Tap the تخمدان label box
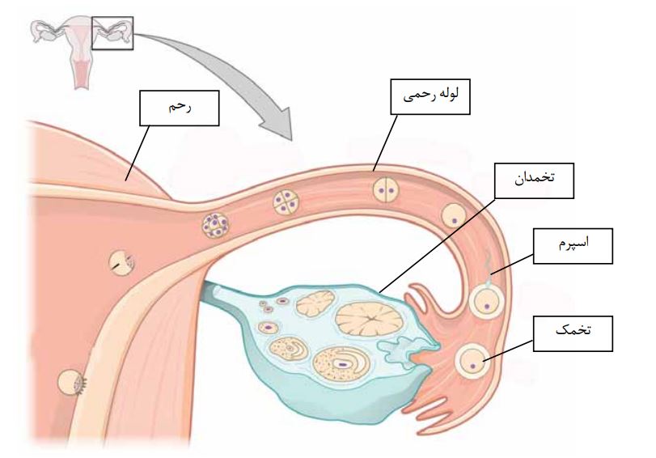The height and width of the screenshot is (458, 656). pyautogui.click(x=534, y=180)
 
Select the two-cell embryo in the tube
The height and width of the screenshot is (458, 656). pyautogui.click(x=385, y=191)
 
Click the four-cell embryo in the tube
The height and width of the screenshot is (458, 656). pyautogui.click(x=284, y=202)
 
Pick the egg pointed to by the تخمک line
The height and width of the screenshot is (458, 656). pyautogui.click(x=472, y=361)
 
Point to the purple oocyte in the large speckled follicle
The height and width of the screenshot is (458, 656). pyautogui.click(x=342, y=363)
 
